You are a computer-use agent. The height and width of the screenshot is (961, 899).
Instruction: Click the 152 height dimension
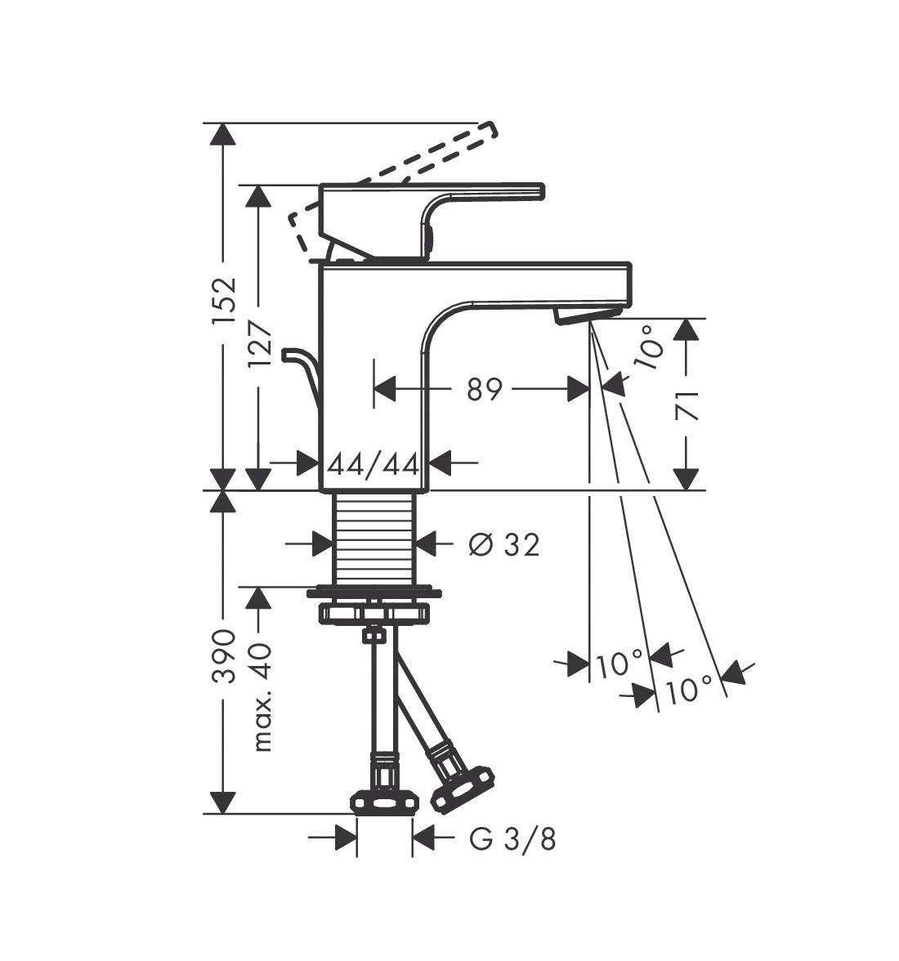223,301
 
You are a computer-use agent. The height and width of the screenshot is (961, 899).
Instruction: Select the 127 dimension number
260,344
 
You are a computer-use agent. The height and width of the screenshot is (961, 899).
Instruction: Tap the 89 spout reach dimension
484,389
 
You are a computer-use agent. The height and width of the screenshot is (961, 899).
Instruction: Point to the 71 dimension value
687,405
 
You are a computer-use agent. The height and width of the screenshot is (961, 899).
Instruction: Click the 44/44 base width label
373,464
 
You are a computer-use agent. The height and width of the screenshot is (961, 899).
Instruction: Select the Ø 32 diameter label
503,544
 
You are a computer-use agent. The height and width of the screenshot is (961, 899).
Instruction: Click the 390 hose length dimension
223,655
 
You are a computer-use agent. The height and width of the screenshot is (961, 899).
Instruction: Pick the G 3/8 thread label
513,839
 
